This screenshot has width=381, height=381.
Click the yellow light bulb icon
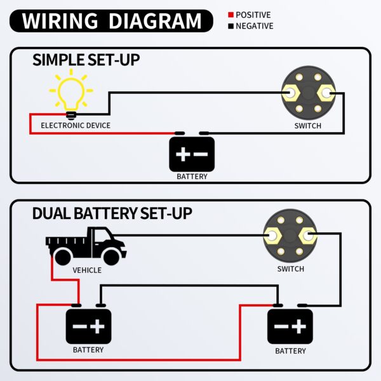click(x=71, y=94)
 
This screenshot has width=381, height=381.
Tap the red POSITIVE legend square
click(x=231, y=15)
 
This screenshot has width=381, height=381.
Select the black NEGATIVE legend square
click(x=231, y=26)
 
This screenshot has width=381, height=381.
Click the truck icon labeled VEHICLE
click(x=86, y=246)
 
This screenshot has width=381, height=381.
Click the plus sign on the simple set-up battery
click(x=183, y=154)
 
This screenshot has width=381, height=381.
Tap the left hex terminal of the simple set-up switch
click(x=290, y=93)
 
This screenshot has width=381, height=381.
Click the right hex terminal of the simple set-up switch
click(x=326, y=93)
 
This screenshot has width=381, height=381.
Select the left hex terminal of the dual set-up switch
click(x=272, y=236)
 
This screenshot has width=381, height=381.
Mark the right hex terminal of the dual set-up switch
click(x=307, y=236)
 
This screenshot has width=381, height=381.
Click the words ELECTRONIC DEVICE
click(x=76, y=126)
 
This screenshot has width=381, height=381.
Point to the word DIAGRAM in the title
click(x=155, y=21)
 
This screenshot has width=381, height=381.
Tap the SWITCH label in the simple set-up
click(x=308, y=126)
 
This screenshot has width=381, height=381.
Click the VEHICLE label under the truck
click(x=87, y=271)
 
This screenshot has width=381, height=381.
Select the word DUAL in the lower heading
click(x=51, y=213)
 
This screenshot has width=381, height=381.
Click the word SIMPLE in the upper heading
click(x=58, y=60)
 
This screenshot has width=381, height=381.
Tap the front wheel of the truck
click(x=112, y=257)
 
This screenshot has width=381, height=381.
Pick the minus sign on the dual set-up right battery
click(x=281, y=326)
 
